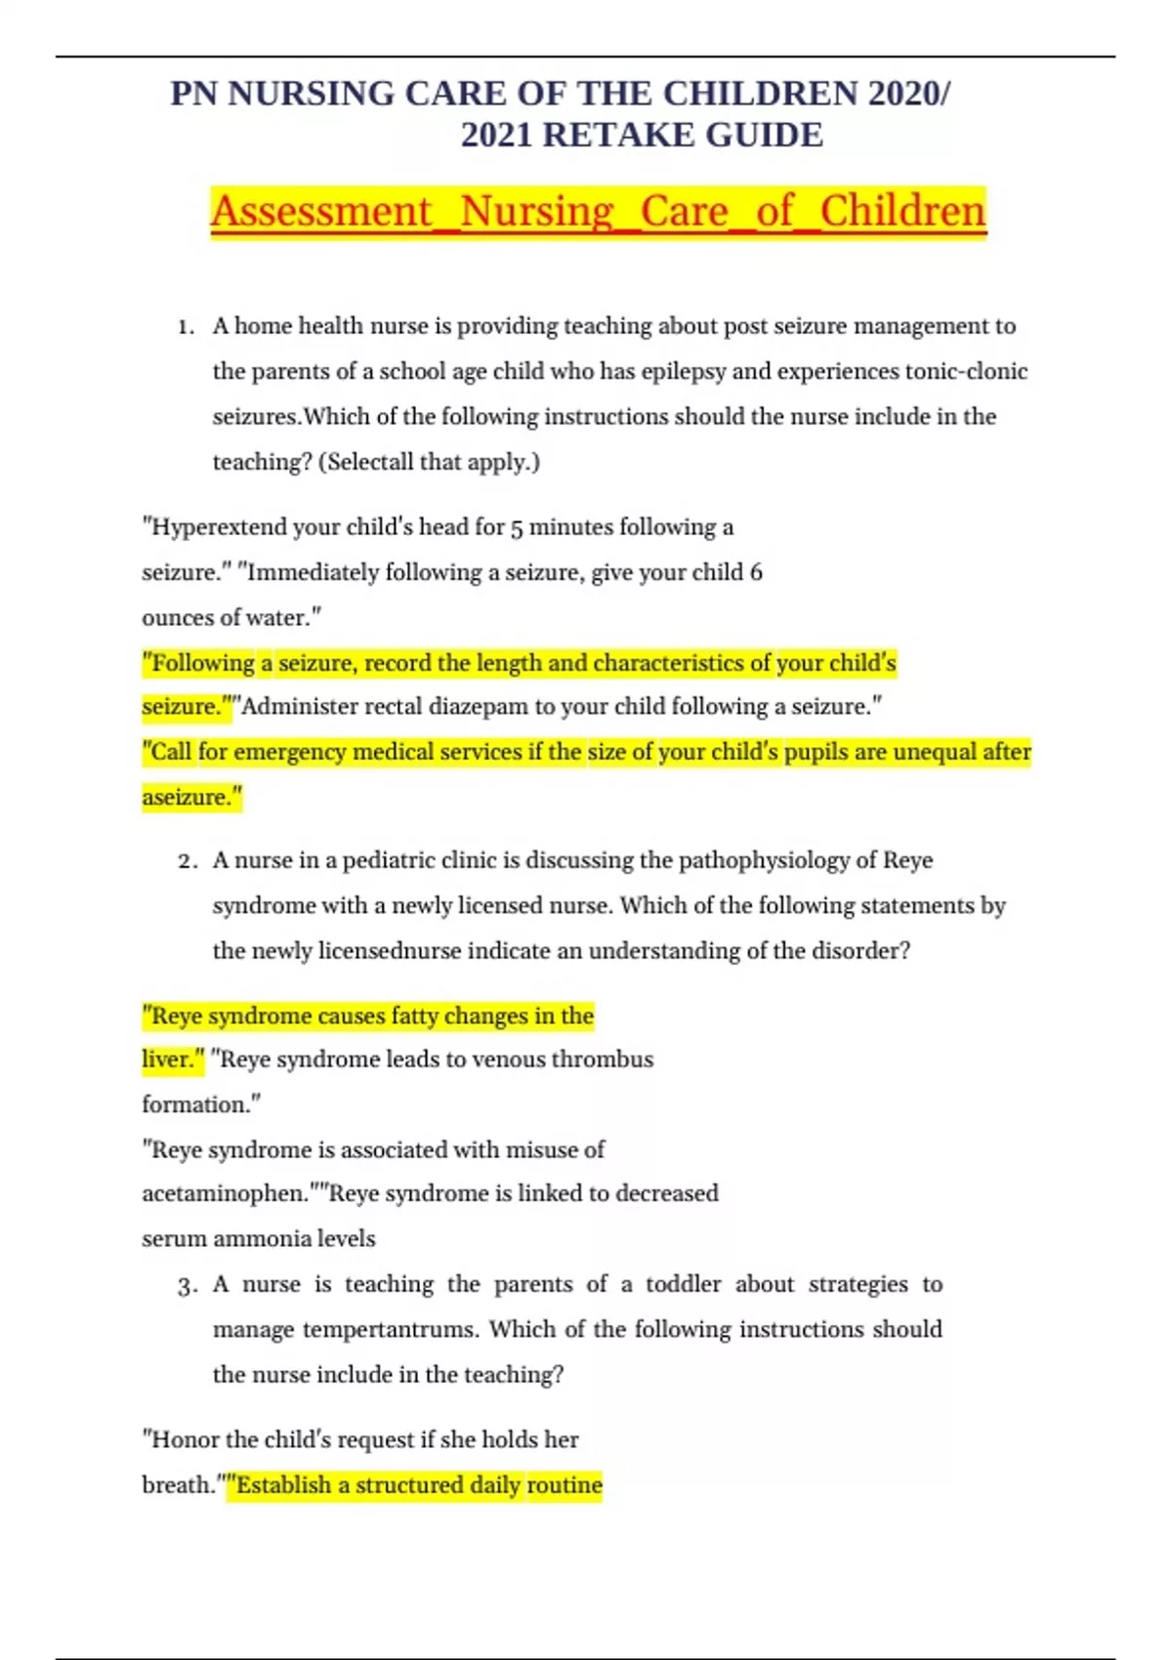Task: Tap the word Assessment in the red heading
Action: pos(320,211)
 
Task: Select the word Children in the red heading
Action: pos(902,211)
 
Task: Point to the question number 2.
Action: pos(188,861)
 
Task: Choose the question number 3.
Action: pos(188,1286)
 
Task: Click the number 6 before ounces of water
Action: pos(756,572)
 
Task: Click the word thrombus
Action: pos(602,1059)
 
